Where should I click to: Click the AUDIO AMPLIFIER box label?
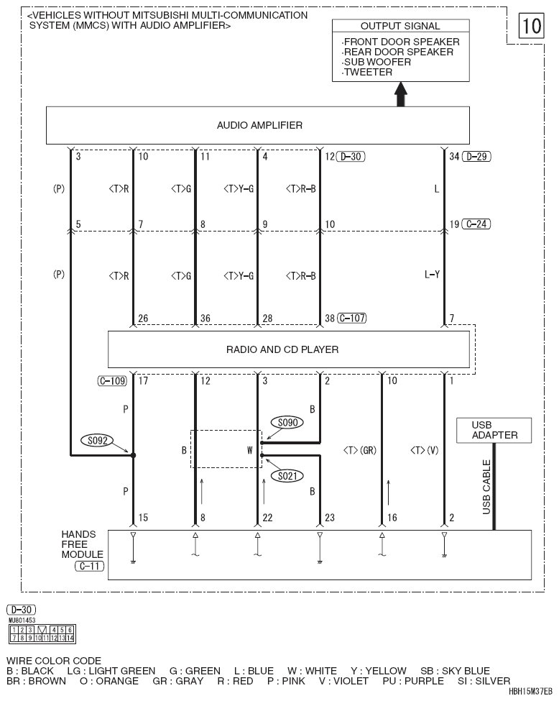(259, 125)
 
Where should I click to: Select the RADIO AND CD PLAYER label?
(282, 349)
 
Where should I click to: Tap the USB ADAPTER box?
(494, 430)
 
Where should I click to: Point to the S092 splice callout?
(98, 440)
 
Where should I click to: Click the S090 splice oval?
(287, 423)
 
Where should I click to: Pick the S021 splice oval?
(287, 476)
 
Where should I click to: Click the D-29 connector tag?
(477, 157)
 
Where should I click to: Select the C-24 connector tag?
(476, 224)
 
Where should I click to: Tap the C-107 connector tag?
(352, 318)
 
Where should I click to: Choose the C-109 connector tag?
(113, 381)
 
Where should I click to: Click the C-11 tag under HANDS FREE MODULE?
(89, 566)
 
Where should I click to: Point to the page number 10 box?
(531, 25)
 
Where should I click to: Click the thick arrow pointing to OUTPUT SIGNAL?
(401, 94)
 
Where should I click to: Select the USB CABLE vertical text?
(486, 487)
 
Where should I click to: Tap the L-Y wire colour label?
(432, 274)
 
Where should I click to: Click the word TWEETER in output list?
(368, 72)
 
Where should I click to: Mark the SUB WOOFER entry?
(377, 62)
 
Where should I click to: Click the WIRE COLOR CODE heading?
(54, 661)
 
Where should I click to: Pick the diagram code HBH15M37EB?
(530, 692)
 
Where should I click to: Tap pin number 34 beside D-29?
(454, 157)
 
